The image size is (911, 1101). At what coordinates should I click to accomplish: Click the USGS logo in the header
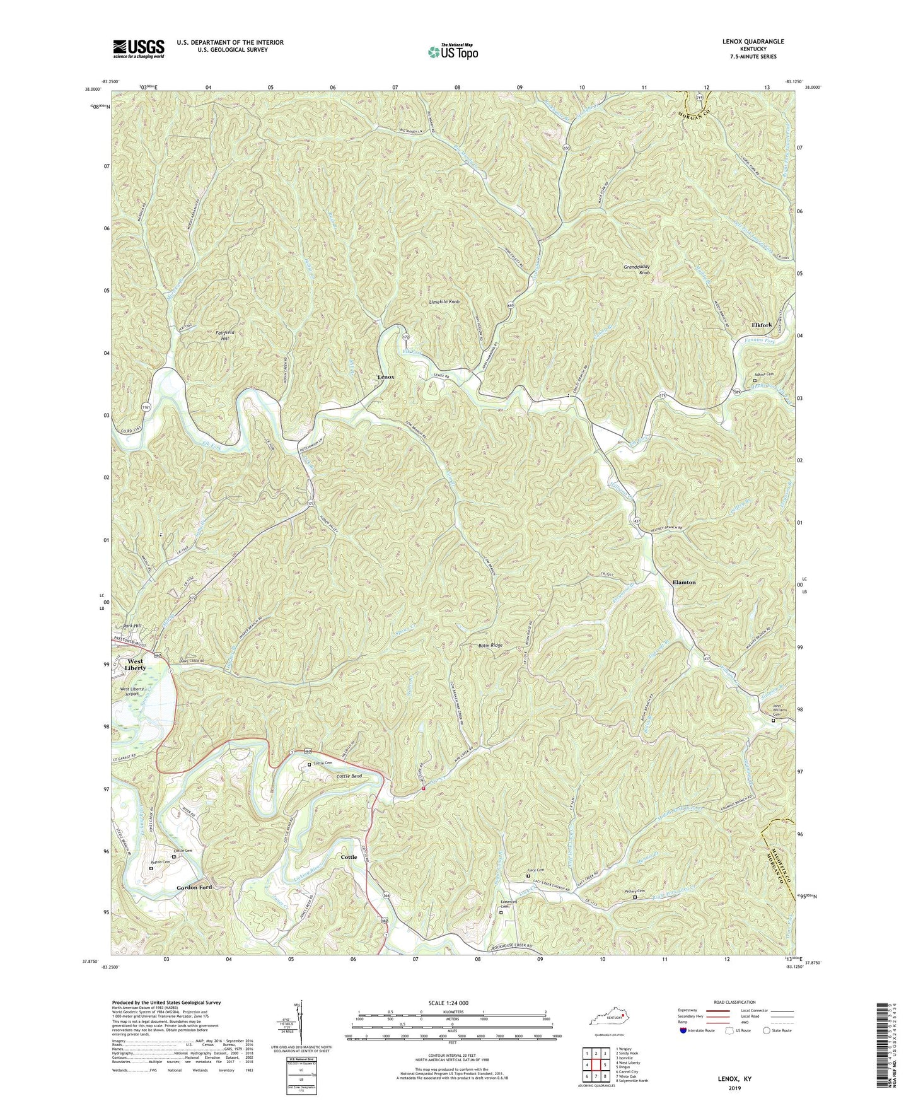pyautogui.click(x=139, y=49)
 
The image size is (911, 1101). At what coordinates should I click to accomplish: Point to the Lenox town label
pyautogui.click(x=385, y=376)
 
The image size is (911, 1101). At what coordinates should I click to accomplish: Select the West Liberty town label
pyautogui.click(x=135, y=665)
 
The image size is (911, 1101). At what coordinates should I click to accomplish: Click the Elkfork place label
pyautogui.click(x=762, y=325)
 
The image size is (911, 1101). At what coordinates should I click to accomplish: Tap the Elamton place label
pyautogui.click(x=684, y=582)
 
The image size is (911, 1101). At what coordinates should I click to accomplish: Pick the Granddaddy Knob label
pyautogui.click(x=637, y=270)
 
